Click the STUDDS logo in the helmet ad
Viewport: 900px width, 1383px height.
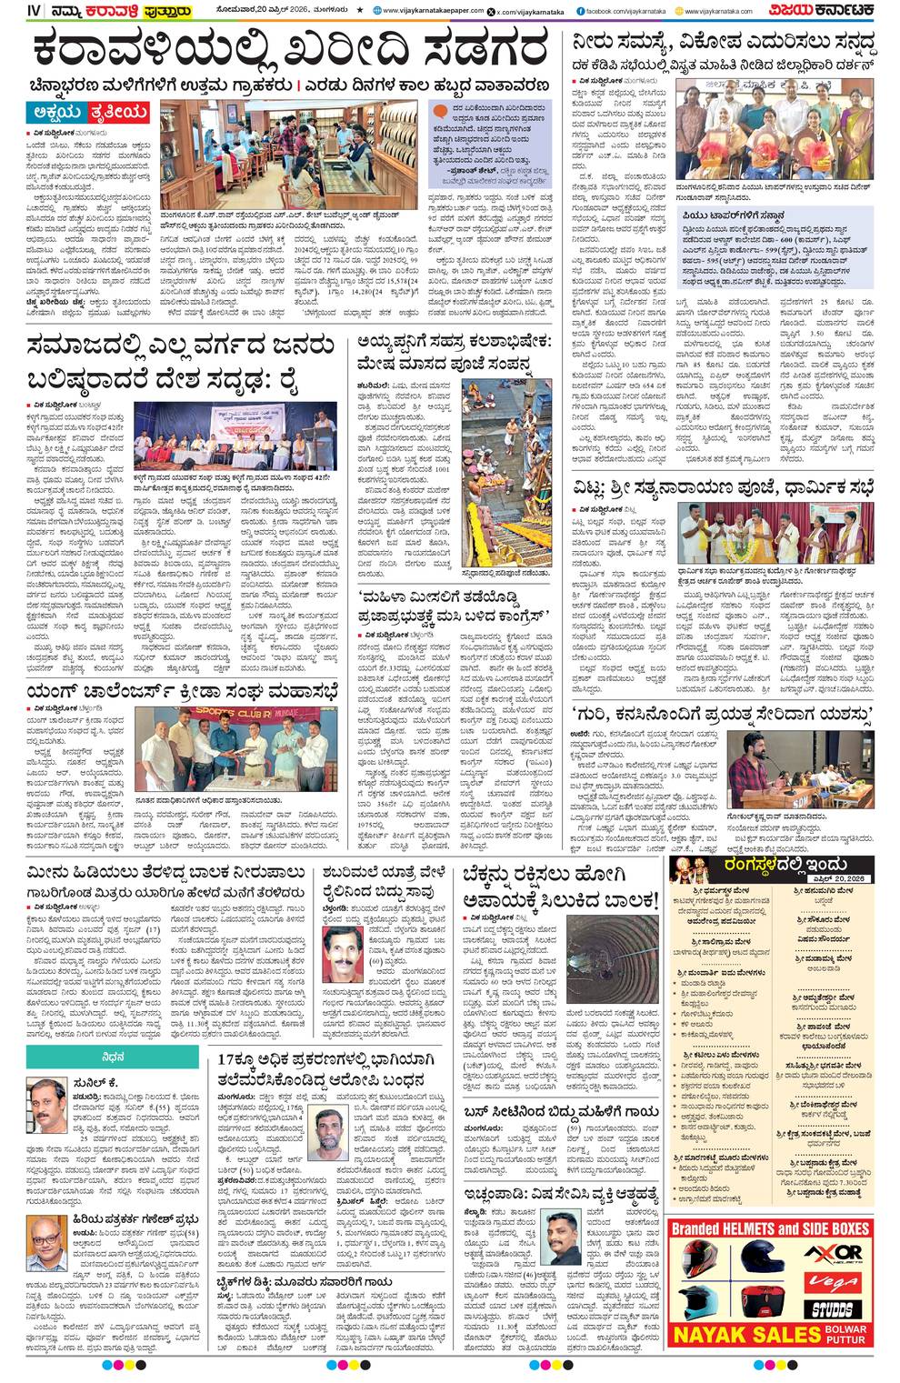tap(834, 1308)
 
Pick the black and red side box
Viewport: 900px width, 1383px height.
tap(765, 1301)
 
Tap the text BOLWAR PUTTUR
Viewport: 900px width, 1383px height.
tap(846, 1334)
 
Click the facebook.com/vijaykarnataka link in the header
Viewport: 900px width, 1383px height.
tap(615, 11)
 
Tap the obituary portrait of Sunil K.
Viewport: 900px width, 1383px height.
tap(45, 1102)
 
